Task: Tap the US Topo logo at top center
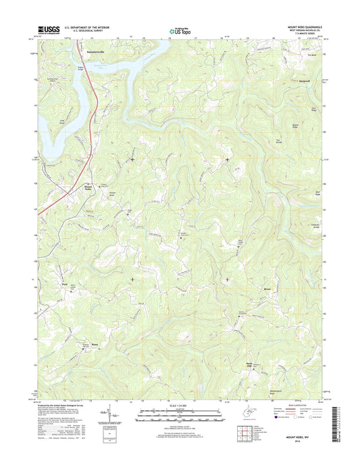pyautogui.click(x=180, y=30)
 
